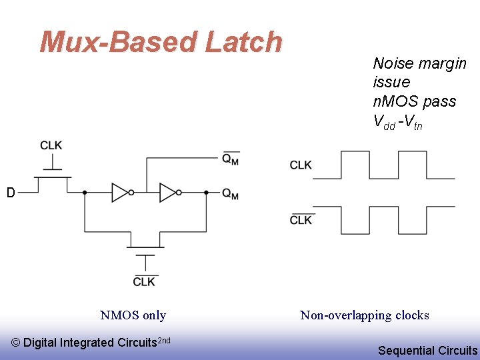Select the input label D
click(x=11, y=193)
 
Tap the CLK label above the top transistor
click(x=51, y=146)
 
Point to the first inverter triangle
click(x=120, y=193)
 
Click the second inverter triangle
click(x=168, y=193)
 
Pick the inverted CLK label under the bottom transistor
click(x=144, y=281)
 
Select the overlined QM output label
click(x=231, y=159)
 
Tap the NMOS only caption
click(x=133, y=315)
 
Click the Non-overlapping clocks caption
click(x=365, y=315)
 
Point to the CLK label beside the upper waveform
click(x=301, y=165)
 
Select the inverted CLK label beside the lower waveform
click(x=301, y=220)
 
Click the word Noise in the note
click(x=391, y=63)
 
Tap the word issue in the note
click(x=391, y=82)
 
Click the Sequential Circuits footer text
click(x=427, y=350)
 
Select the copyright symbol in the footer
click(x=17, y=343)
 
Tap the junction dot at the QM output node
click(x=206, y=193)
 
